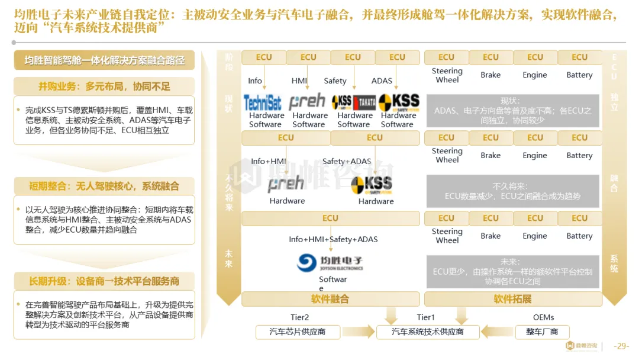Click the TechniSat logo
point(263,102)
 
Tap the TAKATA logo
point(364,102)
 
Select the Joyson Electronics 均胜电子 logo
point(330,262)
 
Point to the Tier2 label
point(299,317)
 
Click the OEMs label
point(543,317)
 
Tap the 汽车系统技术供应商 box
point(428,332)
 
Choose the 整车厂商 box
point(542,332)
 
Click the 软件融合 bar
point(330,299)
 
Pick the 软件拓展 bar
point(512,299)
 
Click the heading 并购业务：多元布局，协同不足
point(104,86)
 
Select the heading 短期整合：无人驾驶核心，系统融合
point(104,186)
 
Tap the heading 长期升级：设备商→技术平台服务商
point(104,281)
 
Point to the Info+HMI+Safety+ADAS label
point(333,239)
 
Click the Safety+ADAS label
point(347,161)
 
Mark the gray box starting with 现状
point(512,110)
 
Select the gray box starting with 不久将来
point(512,191)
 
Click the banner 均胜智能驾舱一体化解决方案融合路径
point(104,60)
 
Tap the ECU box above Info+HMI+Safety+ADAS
point(330,218)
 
